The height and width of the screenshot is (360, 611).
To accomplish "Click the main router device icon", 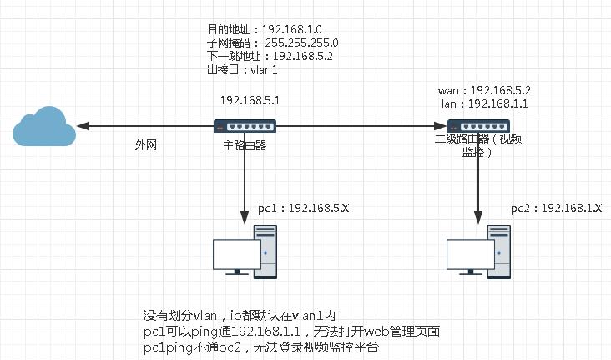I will coord(244,127).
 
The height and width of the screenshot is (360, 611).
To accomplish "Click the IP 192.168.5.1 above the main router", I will coord(250,100).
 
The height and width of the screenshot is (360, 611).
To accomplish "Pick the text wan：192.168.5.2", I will coord(484,89).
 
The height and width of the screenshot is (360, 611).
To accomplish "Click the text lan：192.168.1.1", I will coord(483,104).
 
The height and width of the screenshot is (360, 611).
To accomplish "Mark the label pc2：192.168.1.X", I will coord(556,207).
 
